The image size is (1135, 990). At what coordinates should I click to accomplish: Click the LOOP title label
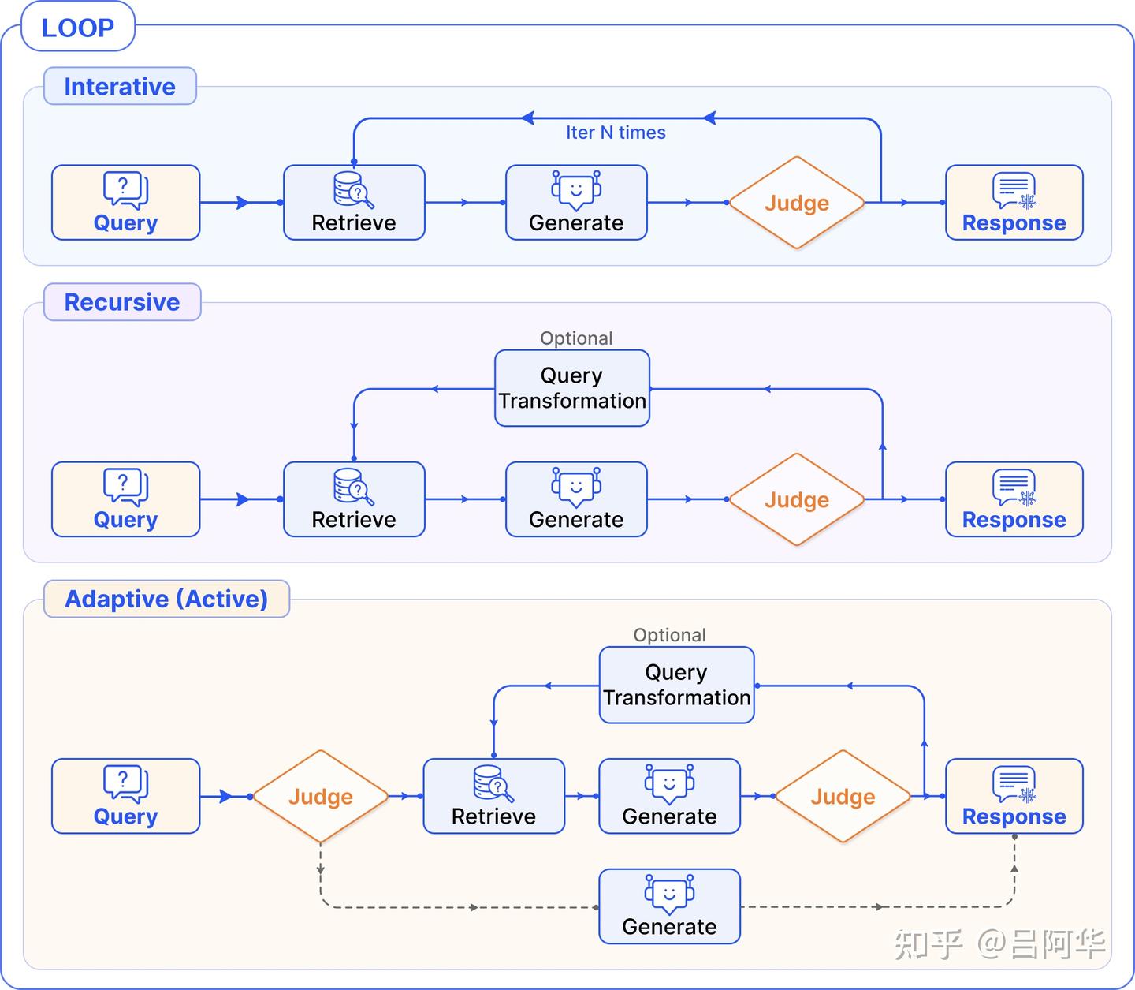77,28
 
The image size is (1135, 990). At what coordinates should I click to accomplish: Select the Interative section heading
120,86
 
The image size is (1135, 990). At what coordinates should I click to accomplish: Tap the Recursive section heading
122,302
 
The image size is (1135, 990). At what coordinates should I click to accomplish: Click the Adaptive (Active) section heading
166,599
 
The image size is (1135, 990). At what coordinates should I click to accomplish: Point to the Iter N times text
616,133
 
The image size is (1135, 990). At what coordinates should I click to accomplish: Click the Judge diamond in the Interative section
797,203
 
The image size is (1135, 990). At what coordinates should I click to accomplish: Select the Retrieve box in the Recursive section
354,499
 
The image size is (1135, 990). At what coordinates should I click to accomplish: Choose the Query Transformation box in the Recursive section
572,388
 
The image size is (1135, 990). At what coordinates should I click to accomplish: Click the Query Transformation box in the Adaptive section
676,685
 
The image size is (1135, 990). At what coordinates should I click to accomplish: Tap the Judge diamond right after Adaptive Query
320,797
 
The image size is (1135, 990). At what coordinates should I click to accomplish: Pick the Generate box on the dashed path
669,906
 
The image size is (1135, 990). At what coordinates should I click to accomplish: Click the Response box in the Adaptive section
1014,796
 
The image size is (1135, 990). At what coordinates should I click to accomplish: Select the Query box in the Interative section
125,203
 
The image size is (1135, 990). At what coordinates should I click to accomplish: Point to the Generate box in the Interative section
576,203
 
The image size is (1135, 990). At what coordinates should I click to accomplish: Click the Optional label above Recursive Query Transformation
576,338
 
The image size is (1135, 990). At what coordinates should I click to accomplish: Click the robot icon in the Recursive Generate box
576,486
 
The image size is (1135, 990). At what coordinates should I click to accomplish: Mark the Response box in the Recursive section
1014,499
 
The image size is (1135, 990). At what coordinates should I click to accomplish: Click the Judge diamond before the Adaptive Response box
843,797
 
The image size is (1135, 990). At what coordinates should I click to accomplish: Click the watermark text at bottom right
999,944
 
